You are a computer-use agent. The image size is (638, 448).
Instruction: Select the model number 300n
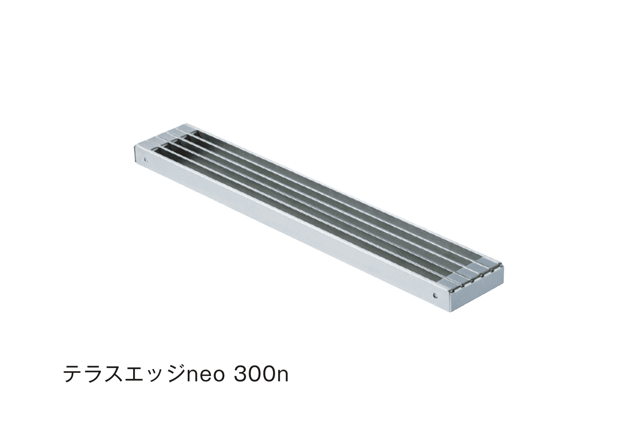tap(261, 375)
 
